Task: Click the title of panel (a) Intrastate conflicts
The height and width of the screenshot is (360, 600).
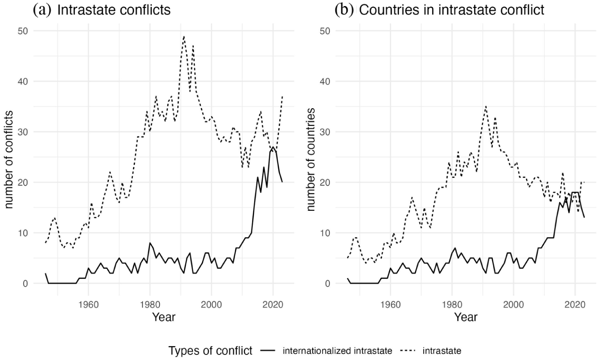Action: (102, 10)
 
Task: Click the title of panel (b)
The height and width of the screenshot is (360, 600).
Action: (440, 10)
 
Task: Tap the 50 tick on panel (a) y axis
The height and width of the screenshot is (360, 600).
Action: (22, 31)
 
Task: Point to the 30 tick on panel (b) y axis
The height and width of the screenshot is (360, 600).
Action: (324, 132)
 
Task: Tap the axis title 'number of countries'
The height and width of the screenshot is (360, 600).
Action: (311, 160)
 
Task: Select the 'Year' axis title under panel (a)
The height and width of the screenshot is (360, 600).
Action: (163, 317)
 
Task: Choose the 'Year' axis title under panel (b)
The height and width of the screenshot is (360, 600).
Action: (466, 317)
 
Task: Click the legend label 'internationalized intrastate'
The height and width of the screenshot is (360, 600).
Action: (337, 351)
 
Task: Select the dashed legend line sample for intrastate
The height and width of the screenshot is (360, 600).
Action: (408, 351)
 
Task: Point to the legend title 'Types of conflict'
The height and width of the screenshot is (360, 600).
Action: (210, 351)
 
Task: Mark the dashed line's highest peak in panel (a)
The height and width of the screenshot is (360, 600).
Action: (184, 36)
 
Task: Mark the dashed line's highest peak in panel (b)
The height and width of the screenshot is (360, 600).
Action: (486, 106)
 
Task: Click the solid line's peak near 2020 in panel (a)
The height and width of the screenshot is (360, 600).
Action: (273, 147)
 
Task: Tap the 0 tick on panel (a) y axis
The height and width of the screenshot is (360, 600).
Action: (25, 283)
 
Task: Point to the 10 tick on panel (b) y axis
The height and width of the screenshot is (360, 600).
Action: (324, 233)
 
